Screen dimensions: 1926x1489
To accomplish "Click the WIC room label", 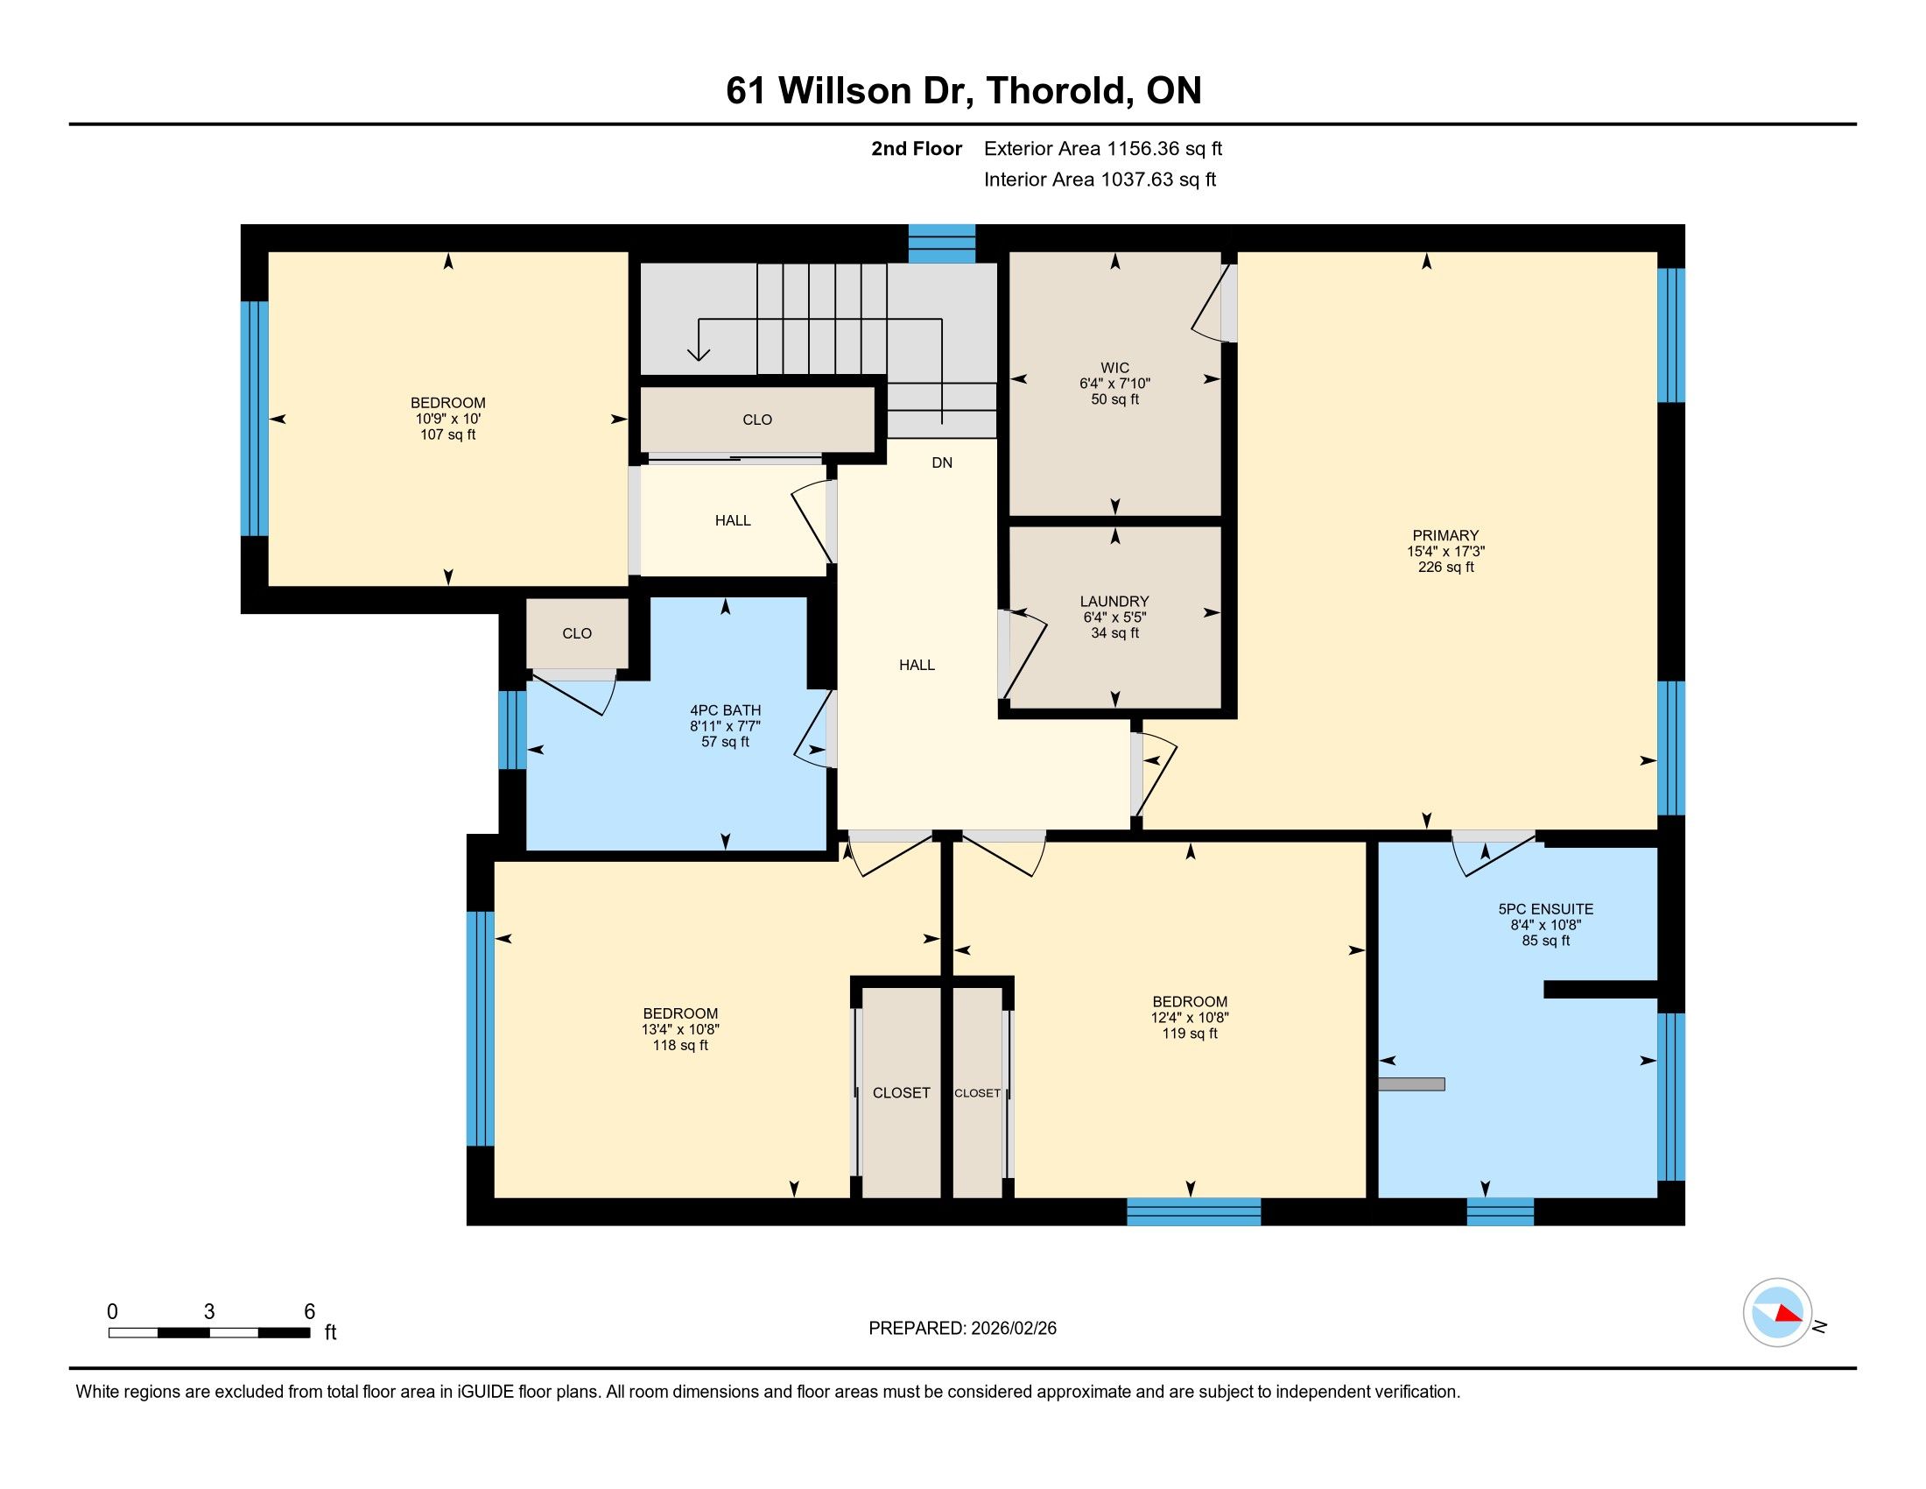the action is [1114, 368].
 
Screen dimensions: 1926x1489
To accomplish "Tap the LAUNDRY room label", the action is [1114, 602].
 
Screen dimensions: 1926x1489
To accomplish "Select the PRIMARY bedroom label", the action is [1445, 535].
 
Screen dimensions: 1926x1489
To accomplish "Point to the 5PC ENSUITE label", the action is [1546, 909].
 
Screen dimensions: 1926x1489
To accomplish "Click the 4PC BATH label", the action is [725, 711].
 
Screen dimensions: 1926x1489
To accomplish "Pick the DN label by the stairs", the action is [942, 463].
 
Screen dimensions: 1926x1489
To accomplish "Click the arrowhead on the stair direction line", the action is [699, 353].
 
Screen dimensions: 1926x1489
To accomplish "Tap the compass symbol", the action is [1777, 1313].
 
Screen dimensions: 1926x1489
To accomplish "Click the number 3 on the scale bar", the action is [209, 1312].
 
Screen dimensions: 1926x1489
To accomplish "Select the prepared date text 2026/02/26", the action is [1013, 1329].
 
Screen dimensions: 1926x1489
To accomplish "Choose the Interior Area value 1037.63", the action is [1136, 180].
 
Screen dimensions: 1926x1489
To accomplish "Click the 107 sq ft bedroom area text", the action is [448, 435].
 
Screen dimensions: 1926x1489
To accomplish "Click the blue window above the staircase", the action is [942, 243].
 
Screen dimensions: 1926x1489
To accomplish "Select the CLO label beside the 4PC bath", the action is [577, 633].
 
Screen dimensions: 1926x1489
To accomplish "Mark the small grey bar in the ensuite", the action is [1411, 1084].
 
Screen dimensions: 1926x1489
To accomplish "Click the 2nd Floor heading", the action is [917, 149].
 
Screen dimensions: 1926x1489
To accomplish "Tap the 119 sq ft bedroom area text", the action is [1190, 1034].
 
